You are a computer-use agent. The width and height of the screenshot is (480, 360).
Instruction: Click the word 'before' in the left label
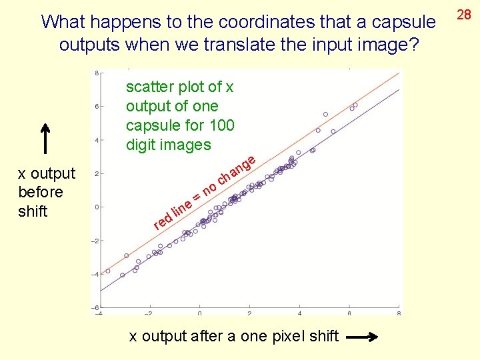[41, 192]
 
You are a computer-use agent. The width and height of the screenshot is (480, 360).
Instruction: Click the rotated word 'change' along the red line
[237, 170]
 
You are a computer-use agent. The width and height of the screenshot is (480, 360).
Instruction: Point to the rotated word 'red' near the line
[161, 221]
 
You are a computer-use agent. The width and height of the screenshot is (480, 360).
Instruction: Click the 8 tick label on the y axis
[97, 73]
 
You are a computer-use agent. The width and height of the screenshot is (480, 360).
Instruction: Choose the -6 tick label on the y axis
[95, 307]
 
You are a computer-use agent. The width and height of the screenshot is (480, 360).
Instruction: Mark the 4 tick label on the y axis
[97, 140]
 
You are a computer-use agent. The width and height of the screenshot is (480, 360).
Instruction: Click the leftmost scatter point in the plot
[108, 271]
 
